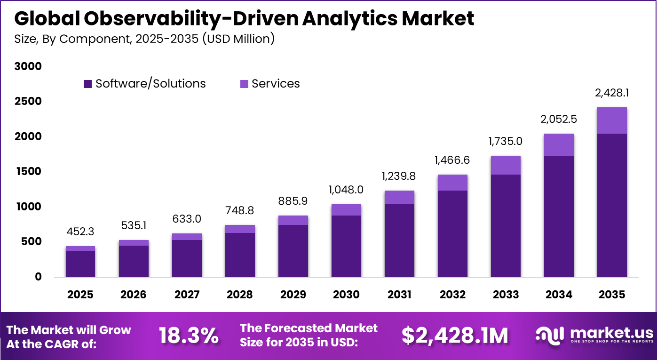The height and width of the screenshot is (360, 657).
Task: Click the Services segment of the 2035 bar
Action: coord(612,120)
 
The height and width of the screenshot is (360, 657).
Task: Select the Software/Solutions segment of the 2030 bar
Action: coord(346,246)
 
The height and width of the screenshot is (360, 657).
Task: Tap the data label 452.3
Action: coord(80,232)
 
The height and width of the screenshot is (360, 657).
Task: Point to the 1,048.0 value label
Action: coord(346,190)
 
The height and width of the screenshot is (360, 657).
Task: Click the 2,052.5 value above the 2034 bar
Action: coord(559,120)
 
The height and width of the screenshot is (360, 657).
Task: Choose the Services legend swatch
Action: coord(244,84)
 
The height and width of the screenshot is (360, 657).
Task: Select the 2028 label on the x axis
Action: coord(240,295)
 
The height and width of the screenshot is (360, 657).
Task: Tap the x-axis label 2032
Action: coord(452,295)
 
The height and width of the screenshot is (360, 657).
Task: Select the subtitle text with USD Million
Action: coord(144,39)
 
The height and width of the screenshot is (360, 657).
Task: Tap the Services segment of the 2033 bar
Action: coord(506,165)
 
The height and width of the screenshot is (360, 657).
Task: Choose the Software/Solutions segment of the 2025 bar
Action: coord(80,264)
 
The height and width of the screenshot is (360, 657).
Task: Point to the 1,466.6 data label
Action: coord(452,160)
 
